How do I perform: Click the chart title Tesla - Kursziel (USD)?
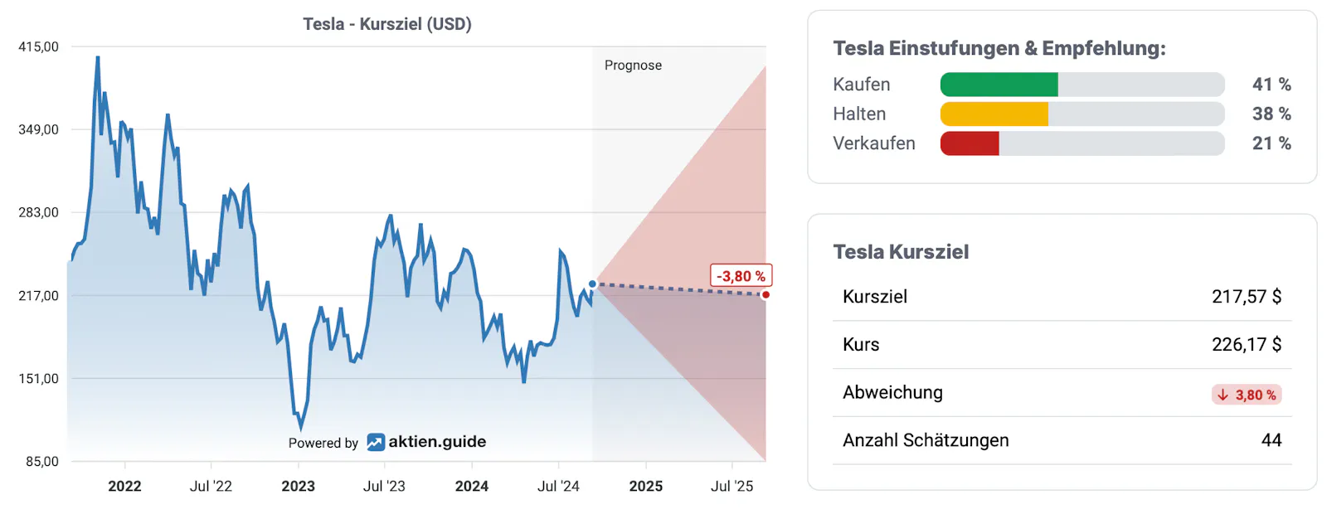(x=387, y=24)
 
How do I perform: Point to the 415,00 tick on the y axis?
(x=38, y=47)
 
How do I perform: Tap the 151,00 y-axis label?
(x=38, y=379)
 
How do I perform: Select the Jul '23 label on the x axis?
(x=384, y=487)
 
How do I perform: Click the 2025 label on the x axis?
(x=645, y=487)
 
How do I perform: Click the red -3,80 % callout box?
(x=741, y=276)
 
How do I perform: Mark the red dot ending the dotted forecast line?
(x=766, y=294)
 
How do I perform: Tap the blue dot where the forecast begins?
(x=592, y=284)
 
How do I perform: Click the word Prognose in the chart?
(x=633, y=65)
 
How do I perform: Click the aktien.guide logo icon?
(x=376, y=443)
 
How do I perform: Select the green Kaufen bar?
(x=999, y=85)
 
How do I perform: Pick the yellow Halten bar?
(x=994, y=114)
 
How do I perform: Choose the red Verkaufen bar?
(x=970, y=143)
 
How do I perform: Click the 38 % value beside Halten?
(x=1271, y=114)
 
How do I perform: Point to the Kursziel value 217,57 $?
(x=1246, y=297)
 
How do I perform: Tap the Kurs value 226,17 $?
(x=1246, y=345)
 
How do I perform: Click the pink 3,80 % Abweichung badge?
(x=1247, y=395)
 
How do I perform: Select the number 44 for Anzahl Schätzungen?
(x=1271, y=440)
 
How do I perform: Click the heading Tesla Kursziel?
(x=901, y=252)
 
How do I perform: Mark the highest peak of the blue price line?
(x=98, y=58)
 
